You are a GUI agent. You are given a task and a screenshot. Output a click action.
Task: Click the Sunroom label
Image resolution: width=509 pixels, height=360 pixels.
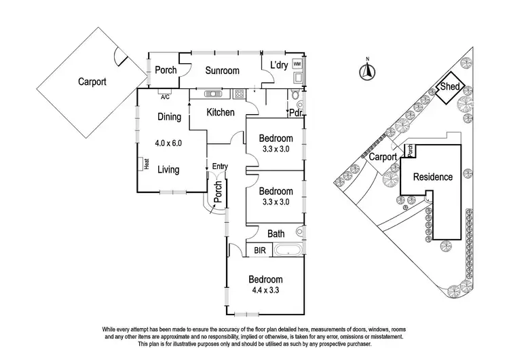(222, 71)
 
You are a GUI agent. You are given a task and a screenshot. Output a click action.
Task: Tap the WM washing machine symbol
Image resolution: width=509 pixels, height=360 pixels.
(297, 64)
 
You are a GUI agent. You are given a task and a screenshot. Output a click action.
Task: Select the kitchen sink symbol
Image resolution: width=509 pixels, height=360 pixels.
(213, 94)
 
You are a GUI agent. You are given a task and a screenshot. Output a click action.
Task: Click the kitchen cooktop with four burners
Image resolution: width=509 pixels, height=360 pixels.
(239, 94)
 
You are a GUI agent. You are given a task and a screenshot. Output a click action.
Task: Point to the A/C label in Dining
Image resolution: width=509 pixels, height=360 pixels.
(165, 97)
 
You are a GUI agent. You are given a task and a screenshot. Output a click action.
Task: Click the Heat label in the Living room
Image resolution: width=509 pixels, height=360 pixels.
(147, 164)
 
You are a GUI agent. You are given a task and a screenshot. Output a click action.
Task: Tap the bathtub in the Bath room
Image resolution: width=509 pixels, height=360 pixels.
(288, 251)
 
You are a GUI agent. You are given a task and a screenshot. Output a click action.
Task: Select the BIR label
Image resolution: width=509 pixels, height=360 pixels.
(260, 250)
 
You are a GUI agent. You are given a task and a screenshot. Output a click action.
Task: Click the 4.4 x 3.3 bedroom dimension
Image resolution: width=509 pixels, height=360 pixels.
(265, 290)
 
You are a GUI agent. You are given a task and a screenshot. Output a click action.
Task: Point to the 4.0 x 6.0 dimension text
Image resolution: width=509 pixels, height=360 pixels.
(168, 143)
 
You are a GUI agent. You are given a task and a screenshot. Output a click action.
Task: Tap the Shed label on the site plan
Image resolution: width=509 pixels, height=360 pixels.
(449, 86)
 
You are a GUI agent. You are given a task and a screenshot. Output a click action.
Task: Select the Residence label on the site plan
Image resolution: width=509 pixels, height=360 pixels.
(433, 177)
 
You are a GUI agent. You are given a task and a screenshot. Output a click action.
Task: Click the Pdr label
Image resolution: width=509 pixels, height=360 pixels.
(296, 113)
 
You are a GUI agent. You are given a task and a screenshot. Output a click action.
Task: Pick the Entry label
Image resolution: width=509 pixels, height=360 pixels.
(220, 166)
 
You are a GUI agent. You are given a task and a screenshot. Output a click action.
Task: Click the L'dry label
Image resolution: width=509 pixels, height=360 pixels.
(279, 65)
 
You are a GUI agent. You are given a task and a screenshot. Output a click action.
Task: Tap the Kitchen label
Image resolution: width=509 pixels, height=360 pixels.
(221, 113)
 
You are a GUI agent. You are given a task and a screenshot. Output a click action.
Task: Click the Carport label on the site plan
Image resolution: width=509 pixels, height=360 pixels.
(383, 158)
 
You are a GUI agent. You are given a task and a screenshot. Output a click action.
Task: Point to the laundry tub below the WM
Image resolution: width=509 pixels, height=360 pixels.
(298, 77)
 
